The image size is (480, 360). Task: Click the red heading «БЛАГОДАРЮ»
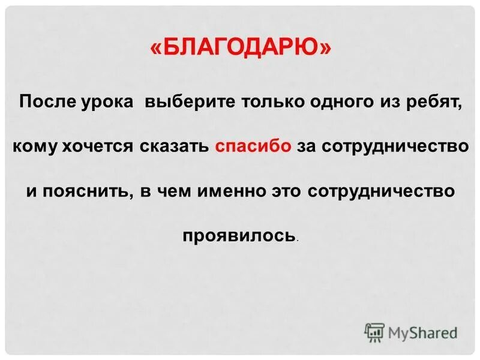click(x=239, y=49)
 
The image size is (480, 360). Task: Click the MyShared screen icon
click(x=374, y=332)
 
